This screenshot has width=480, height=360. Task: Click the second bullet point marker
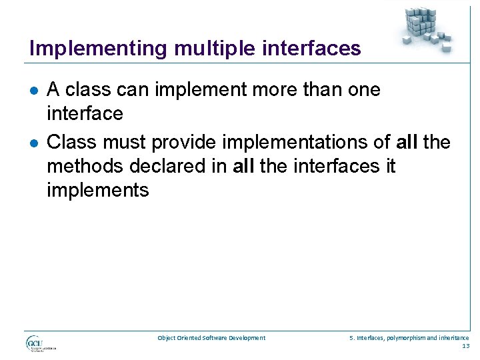[34, 143]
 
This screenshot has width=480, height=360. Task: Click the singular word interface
[85, 113]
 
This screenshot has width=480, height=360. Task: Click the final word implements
[97, 190]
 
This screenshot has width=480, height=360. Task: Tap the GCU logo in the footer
[40, 343]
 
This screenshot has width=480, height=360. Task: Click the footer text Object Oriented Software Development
[211, 338]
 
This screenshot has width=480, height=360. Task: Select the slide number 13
[465, 346]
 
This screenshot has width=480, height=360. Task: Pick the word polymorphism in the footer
[405, 338]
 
